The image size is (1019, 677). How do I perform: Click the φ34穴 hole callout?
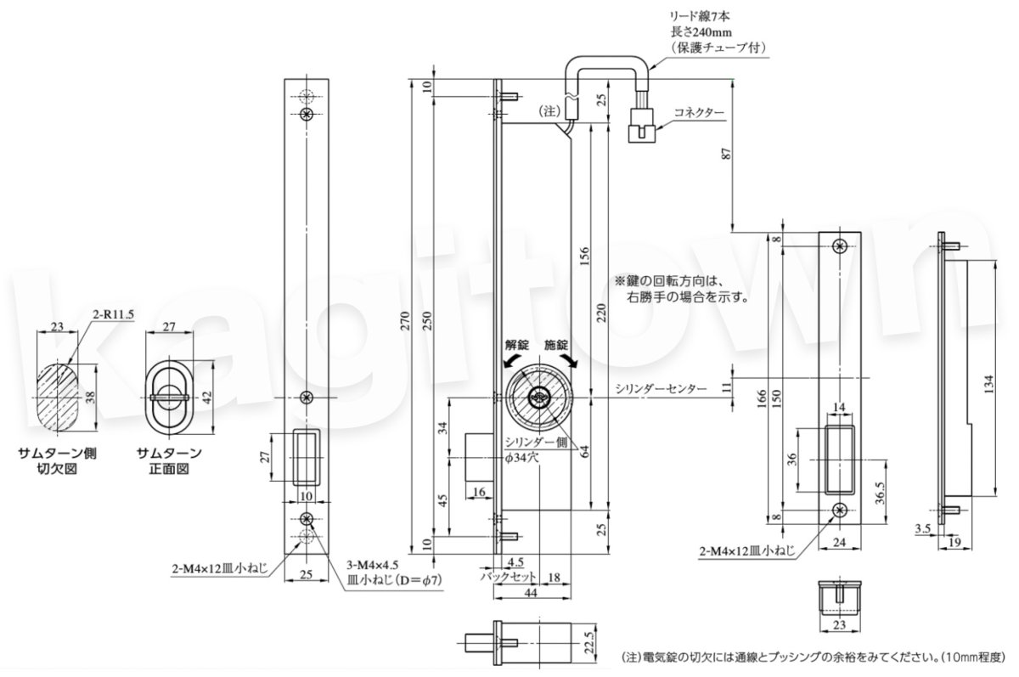524,457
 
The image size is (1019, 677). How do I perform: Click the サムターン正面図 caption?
171,460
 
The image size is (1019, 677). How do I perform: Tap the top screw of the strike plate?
840,246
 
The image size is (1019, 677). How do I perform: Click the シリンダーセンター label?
661,388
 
